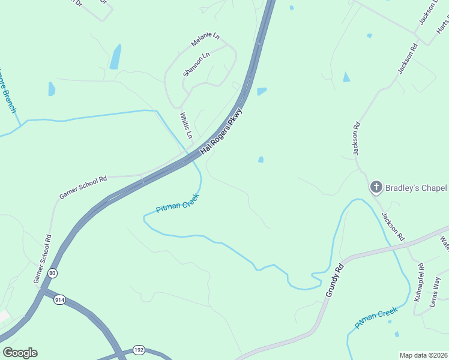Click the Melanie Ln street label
(205, 40)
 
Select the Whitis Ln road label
(186, 125)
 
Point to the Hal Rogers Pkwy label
(221, 131)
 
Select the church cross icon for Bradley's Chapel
(376, 187)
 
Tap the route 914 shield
(59, 299)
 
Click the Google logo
(20, 353)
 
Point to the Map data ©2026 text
(423, 355)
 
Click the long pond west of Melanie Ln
(115, 56)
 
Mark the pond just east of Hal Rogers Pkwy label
(261, 91)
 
